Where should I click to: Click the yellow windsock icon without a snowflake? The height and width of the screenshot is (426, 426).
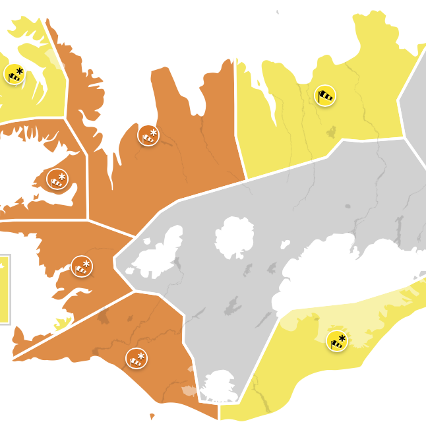click(x=325, y=96)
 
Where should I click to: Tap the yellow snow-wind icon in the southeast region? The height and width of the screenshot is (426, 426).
click(x=337, y=341)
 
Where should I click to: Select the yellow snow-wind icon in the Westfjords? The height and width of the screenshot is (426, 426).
click(x=15, y=73)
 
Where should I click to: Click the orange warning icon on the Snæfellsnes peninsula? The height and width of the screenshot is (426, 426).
click(x=57, y=179)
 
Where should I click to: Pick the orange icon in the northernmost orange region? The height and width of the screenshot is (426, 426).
click(x=148, y=135)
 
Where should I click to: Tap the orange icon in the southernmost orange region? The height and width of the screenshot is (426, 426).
click(x=137, y=358)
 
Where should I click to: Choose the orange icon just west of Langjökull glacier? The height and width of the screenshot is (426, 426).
click(x=82, y=266)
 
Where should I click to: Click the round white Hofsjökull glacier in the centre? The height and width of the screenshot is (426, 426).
click(x=234, y=237)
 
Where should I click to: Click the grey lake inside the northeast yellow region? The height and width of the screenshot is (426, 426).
click(x=330, y=133)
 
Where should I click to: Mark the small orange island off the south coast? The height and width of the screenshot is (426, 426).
click(x=152, y=417)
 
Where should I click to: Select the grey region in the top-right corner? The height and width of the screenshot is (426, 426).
click(x=415, y=106)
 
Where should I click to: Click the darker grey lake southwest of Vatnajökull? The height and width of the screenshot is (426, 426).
click(x=232, y=305)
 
